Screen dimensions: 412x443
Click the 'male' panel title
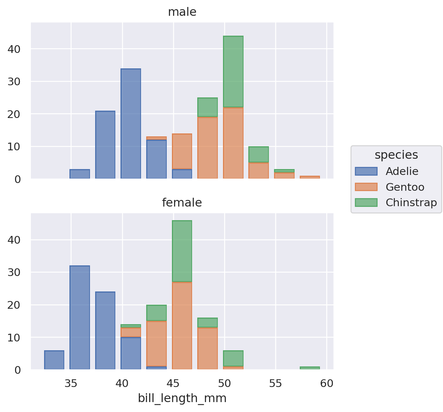[182, 12]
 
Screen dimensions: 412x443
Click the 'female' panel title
[182, 203]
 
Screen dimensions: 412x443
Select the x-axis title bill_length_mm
[182, 398]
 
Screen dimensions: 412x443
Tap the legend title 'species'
[396, 155]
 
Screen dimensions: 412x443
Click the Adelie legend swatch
[366, 171]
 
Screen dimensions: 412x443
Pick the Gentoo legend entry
[404, 187]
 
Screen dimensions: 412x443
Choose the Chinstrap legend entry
[411, 203]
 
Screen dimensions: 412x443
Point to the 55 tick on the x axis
[275, 384]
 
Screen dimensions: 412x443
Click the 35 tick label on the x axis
[71, 384]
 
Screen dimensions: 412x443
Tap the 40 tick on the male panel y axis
[15, 49]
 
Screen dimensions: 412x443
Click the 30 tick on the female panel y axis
[15, 272]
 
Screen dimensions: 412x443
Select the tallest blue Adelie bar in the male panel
[131, 123]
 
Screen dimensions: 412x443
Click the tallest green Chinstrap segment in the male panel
[233, 72]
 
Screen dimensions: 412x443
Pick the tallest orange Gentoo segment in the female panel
[182, 326]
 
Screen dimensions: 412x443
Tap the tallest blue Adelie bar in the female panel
[80, 318]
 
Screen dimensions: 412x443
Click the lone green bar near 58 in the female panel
[310, 368]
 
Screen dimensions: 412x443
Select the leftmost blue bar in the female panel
[54, 360]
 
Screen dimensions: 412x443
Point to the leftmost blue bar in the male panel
[80, 174]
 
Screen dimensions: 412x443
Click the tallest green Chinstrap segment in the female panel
[182, 251]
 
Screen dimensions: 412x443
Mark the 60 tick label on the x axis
[327, 384]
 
